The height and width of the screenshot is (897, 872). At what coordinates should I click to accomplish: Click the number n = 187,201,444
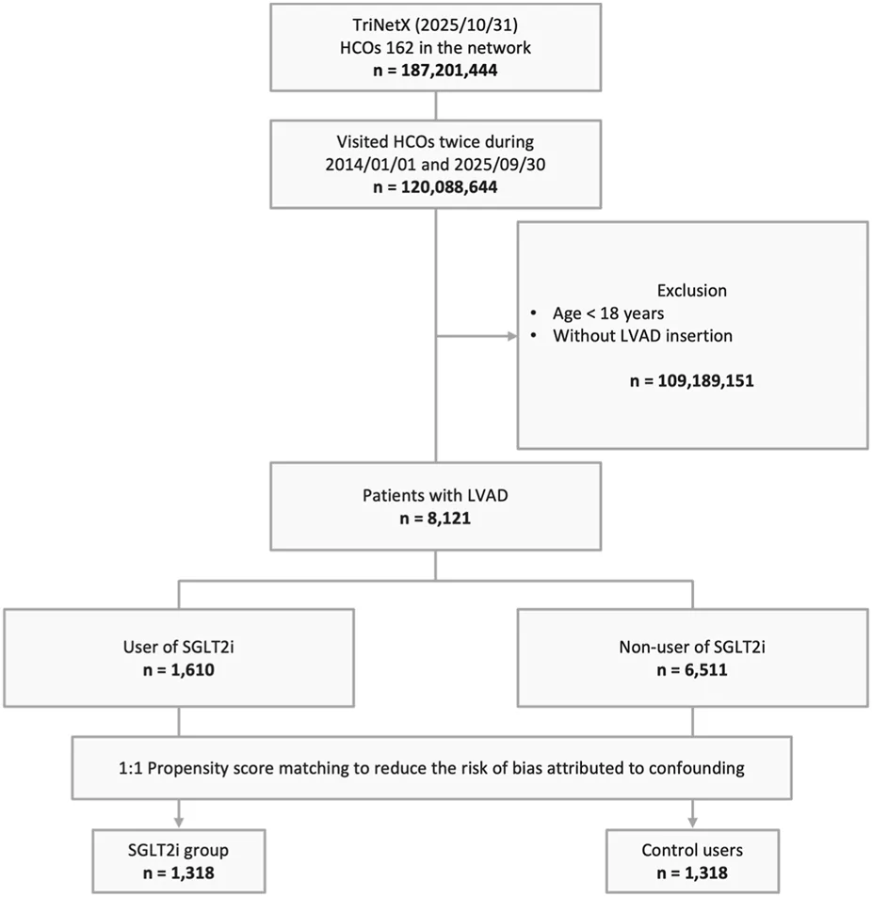[435, 71]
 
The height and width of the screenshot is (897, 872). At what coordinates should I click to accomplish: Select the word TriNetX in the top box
[379, 25]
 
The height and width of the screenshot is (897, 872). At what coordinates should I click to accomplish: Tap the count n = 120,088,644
[435, 187]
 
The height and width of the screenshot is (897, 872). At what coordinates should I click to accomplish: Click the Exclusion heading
[692, 291]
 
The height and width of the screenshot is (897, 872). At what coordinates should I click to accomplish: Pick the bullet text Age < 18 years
[608, 313]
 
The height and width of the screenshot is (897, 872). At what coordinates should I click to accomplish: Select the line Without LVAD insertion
[642, 336]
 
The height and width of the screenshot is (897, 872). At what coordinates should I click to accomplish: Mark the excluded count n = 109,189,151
[692, 381]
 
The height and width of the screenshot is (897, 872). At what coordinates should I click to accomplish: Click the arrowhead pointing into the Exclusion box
[512, 336]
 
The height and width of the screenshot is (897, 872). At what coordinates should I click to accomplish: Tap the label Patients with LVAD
[435, 495]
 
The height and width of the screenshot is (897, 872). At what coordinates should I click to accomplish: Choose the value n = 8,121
[435, 519]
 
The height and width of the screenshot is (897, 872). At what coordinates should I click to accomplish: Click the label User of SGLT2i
[179, 647]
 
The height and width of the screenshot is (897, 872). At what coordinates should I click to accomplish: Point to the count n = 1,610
[179, 670]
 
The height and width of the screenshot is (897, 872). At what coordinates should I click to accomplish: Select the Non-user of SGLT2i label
[692, 647]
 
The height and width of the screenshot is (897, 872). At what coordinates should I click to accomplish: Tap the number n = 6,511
[692, 670]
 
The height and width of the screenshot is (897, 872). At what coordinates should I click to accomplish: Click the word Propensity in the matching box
[184, 768]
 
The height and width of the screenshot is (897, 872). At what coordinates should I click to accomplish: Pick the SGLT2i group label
[179, 851]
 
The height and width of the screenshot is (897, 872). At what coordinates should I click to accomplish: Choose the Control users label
[692, 851]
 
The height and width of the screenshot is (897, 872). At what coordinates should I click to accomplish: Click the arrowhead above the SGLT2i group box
[179, 822]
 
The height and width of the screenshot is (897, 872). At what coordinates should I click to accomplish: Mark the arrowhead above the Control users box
[692, 822]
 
